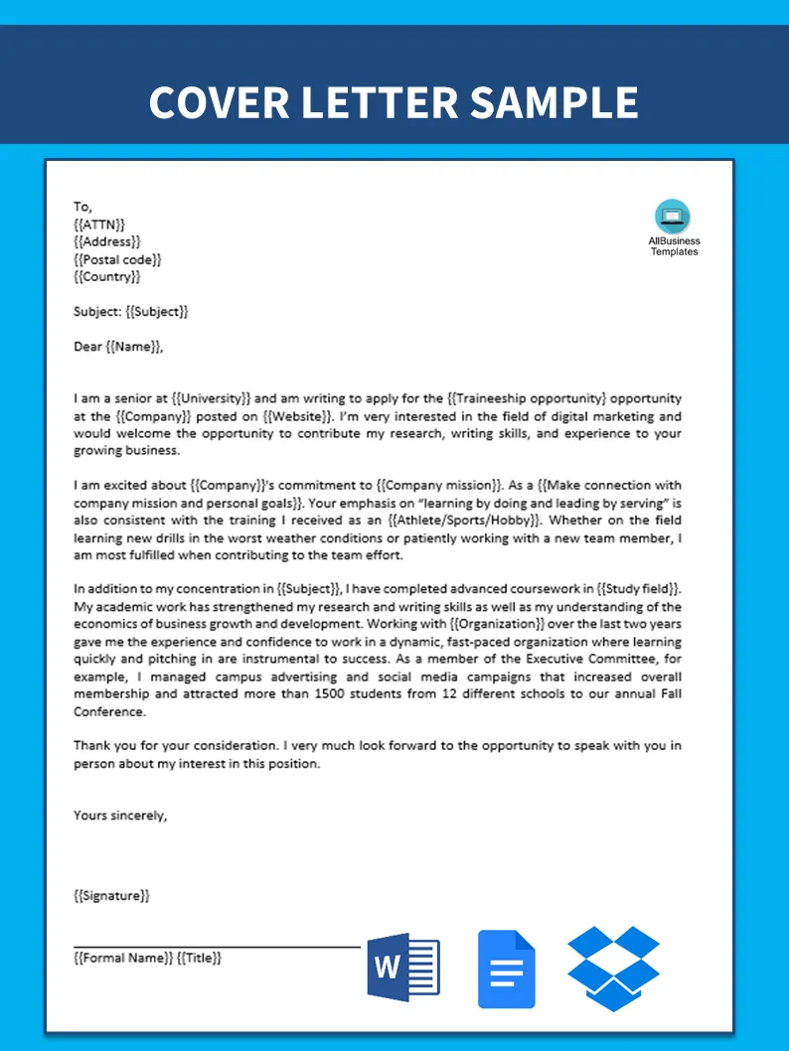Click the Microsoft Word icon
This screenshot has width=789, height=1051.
pos(402,967)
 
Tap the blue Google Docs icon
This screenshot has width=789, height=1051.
pos(506,969)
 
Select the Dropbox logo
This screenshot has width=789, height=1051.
pos(613,968)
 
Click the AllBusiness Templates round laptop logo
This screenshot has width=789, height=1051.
pos(673,217)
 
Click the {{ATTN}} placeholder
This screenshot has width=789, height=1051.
pos(99,225)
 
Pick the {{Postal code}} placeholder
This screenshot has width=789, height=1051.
pos(117,259)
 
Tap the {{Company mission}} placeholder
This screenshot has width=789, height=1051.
pos(439,485)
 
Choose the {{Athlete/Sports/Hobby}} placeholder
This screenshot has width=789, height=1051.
pos(466,520)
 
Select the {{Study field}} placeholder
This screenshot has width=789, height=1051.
pos(633,589)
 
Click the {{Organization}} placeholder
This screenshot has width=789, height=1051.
pos(497,624)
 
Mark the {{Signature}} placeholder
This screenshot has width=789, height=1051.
pos(111,896)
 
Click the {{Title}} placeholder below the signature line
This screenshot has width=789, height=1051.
pos(199,958)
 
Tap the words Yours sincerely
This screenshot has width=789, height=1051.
pos(120,816)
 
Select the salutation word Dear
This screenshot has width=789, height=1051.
pos(87,347)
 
